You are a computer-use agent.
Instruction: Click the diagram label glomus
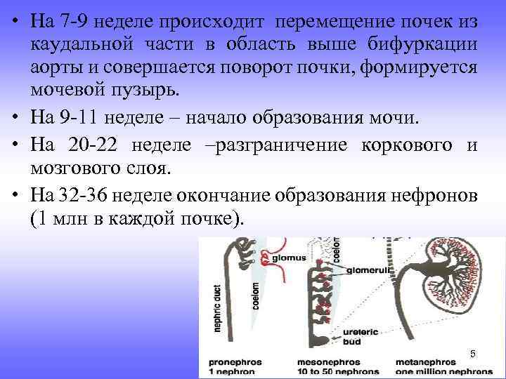[x=290, y=258]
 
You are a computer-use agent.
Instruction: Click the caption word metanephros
[x=441, y=361]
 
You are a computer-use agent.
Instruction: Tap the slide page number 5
[x=472, y=353]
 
